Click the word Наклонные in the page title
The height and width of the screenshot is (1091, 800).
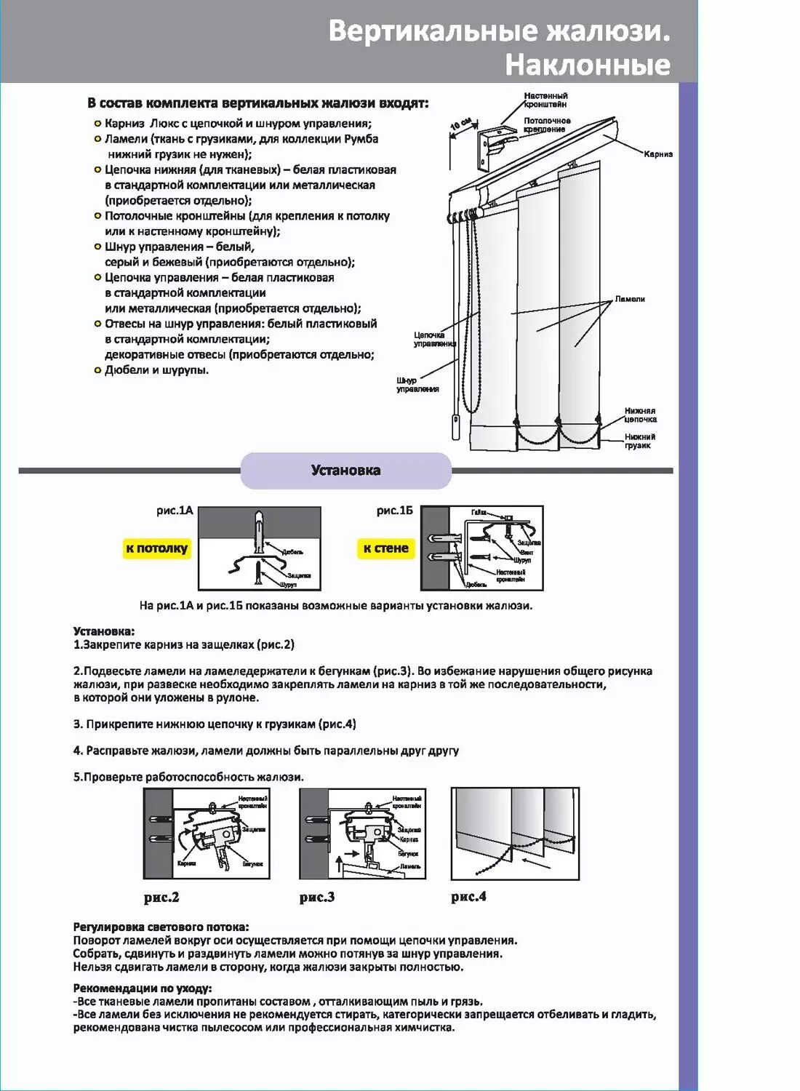point(587,65)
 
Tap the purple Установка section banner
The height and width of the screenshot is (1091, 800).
point(345,471)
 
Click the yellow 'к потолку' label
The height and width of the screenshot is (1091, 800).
point(156,548)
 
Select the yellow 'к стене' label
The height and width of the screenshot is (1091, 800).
point(385,548)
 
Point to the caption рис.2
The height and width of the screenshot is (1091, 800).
point(161,897)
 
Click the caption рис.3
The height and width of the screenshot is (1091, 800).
point(317,897)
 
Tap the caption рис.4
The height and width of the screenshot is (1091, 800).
point(468,896)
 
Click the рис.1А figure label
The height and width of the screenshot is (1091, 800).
point(175,511)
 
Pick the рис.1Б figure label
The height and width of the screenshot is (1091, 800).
point(394,511)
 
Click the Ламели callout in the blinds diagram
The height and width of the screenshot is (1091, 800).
point(630,299)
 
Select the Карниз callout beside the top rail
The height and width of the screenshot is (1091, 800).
point(657,154)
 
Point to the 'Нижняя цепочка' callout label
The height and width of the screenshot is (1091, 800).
point(640,415)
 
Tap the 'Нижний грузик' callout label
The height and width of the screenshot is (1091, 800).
point(639,441)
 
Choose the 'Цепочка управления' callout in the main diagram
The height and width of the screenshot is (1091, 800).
point(429,339)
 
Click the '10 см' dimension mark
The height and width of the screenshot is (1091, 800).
point(460,124)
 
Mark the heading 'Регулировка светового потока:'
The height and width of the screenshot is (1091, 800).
point(161,927)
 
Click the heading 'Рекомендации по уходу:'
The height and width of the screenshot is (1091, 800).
point(143,988)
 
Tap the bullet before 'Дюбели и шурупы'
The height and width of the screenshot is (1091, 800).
point(97,370)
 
